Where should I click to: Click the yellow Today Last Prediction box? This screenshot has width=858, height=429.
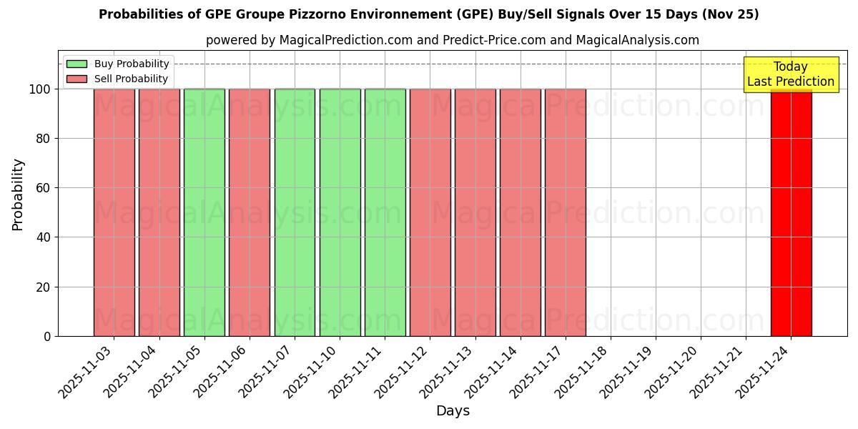pyautogui.click(x=791, y=74)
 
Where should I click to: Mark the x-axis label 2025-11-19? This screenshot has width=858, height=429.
pyautogui.click(x=628, y=372)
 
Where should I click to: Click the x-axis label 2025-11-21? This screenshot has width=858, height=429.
pyautogui.click(x=718, y=372)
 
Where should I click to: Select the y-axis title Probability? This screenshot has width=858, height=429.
pyautogui.click(x=18, y=194)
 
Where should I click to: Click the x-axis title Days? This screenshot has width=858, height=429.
pyautogui.click(x=453, y=411)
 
